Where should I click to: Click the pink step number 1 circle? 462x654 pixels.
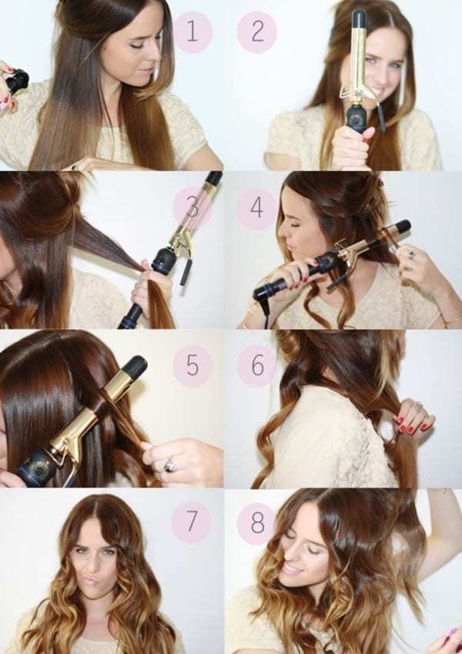pyautogui.click(x=192, y=32)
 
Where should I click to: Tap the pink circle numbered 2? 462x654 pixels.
pyautogui.click(x=257, y=32)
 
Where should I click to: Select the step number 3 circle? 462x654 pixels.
pyautogui.click(x=192, y=206)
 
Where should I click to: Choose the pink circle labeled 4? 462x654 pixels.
pyautogui.click(x=257, y=208)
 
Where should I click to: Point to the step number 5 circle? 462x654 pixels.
pyautogui.click(x=192, y=365)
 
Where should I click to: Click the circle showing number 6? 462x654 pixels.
pyautogui.click(x=257, y=365)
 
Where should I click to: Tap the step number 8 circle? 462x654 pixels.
pyautogui.click(x=257, y=522)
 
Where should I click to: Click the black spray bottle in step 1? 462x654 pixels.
pyautogui.click(x=17, y=82)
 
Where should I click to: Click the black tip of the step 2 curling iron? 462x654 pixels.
pyautogui.click(x=359, y=18)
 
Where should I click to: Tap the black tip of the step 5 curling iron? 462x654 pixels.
pyautogui.click(x=133, y=367)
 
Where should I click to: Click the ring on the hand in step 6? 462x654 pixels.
pyautogui.click(x=418, y=404)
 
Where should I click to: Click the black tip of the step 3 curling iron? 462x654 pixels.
pyautogui.click(x=214, y=178)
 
